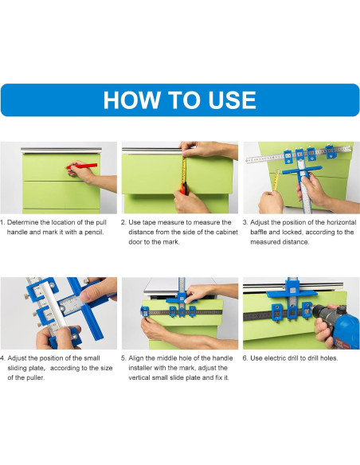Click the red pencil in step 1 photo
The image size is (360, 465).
point(82,166)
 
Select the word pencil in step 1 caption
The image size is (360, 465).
point(94,232)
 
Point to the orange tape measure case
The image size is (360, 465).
point(184,189)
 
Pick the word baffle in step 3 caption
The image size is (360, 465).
point(259,232)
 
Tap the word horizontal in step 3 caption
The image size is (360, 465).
point(342,222)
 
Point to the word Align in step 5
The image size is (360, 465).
point(136,358)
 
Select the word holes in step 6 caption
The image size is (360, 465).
point(329,358)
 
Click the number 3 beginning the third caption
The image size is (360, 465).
point(245,222)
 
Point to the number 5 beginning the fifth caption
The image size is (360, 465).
point(123,358)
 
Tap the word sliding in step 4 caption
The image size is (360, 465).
point(17,369)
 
